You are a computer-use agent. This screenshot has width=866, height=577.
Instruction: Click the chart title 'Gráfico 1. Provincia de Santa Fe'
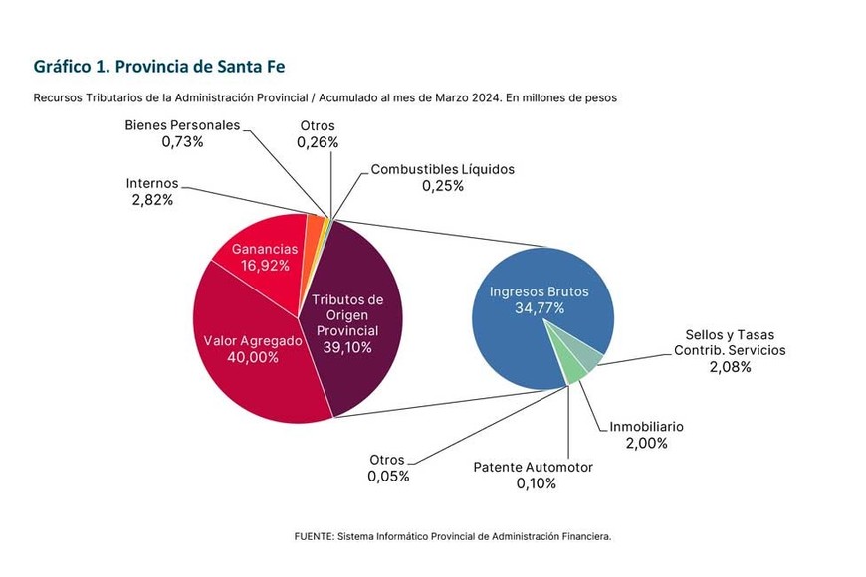(x=159, y=66)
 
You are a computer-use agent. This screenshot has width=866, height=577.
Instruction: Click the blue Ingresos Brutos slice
(x=518, y=338)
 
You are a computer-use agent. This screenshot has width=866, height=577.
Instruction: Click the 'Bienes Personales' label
(x=182, y=125)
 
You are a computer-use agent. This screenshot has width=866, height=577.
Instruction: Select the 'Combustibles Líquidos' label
(x=442, y=169)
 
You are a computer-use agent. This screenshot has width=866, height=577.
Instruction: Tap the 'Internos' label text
(x=152, y=183)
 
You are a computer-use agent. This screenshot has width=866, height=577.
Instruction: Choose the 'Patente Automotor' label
(x=533, y=467)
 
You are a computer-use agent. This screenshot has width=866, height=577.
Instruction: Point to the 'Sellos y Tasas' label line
(x=730, y=334)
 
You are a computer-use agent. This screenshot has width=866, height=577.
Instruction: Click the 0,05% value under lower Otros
(x=387, y=477)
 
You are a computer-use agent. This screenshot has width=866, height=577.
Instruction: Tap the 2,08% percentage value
(x=730, y=367)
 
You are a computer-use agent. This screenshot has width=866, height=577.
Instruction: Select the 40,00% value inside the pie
(x=253, y=358)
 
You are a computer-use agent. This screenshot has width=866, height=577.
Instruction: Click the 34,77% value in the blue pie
(x=539, y=308)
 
